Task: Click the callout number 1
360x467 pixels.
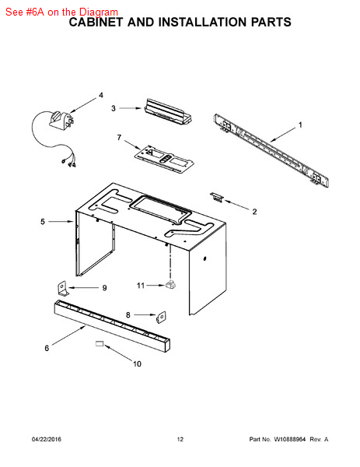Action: pyautogui.click(x=300, y=125)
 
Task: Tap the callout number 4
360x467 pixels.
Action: pyautogui.click(x=101, y=95)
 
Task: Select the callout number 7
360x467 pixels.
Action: pyautogui.click(x=119, y=138)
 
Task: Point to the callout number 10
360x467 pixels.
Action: pyautogui.click(x=137, y=364)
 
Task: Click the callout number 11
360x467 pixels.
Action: pyautogui.click(x=141, y=286)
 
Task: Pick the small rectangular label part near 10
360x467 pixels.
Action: pyautogui.click(x=99, y=344)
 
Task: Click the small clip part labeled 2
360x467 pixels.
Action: pyautogui.click(x=216, y=197)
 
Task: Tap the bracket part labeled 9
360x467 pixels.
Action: pyautogui.click(x=63, y=289)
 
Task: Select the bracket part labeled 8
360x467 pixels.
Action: pyautogui.click(x=161, y=317)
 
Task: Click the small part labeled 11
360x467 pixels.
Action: pyautogui.click(x=170, y=284)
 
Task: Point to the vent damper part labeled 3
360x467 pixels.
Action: pyautogui.click(x=168, y=112)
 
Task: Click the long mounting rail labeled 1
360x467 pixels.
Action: pyautogui.click(x=271, y=151)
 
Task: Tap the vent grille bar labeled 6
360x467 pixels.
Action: pyautogui.click(x=112, y=326)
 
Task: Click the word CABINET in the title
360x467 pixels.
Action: pyautogui.click(x=96, y=23)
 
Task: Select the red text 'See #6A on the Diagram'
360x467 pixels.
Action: pyautogui.click(x=61, y=12)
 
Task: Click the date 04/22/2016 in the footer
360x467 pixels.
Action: pyautogui.click(x=47, y=439)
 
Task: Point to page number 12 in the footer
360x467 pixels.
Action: pyautogui.click(x=180, y=439)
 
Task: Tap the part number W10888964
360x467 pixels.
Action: pyautogui.click(x=289, y=439)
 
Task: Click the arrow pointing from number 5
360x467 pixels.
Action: pyautogui.click(x=61, y=222)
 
